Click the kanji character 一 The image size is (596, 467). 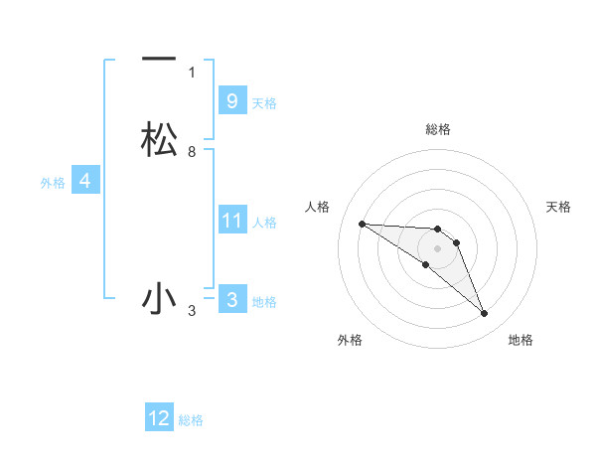(159, 61)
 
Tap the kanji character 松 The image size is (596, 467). (159, 140)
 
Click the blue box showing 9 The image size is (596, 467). (231, 101)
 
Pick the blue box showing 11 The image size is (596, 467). (231, 221)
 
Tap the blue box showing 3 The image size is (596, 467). (231, 300)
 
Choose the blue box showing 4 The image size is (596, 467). (84, 181)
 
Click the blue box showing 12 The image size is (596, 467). (159, 418)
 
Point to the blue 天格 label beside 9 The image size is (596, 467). (264, 102)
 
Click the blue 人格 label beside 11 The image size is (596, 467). (265, 222)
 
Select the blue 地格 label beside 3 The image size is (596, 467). (264, 301)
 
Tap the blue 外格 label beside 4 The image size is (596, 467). (52, 182)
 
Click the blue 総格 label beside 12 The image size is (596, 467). (191, 419)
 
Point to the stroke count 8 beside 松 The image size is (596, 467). (192, 152)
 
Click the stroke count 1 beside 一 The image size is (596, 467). (192, 73)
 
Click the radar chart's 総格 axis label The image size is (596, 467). (437, 129)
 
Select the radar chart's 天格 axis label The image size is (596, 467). (558, 207)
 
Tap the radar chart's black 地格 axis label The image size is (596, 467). (521, 340)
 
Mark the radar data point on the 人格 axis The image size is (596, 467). (362, 224)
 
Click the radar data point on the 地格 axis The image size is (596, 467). (485, 314)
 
